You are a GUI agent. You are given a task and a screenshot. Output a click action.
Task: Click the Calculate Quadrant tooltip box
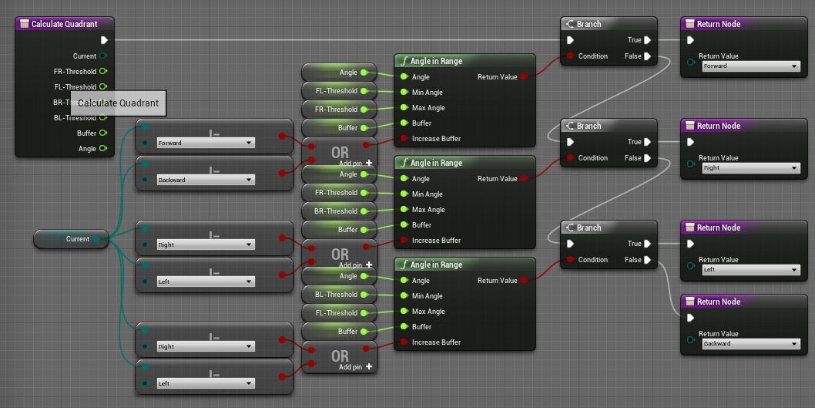point(118,103)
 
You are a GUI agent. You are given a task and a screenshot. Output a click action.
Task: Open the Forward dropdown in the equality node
point(205,143)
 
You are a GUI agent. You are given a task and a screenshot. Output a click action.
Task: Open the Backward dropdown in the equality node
point(205,180)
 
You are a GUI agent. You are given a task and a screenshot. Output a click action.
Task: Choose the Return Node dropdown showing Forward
point(750,66)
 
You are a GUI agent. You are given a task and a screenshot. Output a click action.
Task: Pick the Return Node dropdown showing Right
point(750,167)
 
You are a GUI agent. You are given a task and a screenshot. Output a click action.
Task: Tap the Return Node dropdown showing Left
point(750,269)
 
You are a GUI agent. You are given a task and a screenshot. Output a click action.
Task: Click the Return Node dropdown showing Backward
point(750,343)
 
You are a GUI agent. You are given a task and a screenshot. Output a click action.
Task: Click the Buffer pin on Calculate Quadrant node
point(102,133)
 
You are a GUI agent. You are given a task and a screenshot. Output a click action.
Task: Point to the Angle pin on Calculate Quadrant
point(102,149)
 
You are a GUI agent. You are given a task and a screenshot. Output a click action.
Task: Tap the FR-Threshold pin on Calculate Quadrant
point(102,72)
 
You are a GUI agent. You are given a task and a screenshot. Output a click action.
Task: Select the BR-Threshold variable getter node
point(340,211)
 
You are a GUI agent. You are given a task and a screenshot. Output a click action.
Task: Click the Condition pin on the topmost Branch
point(570,56)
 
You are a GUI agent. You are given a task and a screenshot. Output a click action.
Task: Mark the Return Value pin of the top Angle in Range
point(524,77)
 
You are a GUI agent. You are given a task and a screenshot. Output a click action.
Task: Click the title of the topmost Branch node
point(589,24)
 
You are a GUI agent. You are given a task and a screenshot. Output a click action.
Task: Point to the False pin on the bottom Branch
point(647,260)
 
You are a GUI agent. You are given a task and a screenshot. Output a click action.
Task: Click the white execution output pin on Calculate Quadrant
point(104,40)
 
